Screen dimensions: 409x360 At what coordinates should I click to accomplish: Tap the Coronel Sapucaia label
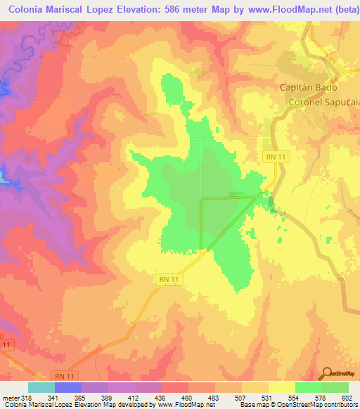[x=324, y=102]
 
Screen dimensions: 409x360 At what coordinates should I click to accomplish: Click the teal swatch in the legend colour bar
[x=41, y=388]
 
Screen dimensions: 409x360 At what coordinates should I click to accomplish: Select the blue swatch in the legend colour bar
[x=68, y=388]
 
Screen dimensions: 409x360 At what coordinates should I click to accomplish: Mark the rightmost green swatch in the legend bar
[x=335, y=388]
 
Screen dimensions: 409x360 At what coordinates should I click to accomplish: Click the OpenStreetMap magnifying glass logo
[x=327, y=373]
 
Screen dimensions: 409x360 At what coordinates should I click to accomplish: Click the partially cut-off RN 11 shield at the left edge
[x=6, y=344]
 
